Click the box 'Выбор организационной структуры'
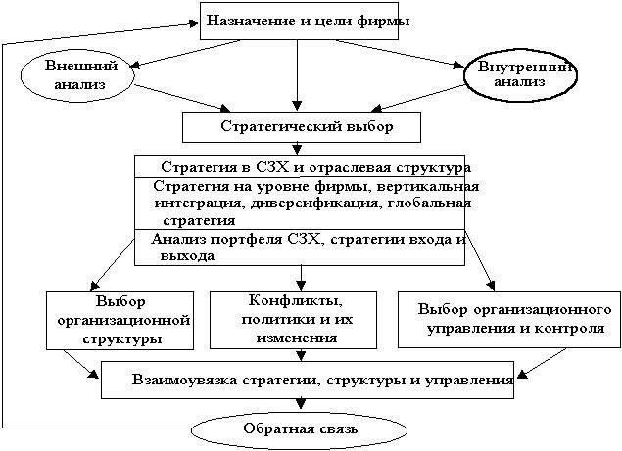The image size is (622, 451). point(118,318)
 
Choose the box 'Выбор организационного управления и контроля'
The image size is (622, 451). point(508,318)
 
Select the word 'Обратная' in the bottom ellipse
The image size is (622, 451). point(266,429)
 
